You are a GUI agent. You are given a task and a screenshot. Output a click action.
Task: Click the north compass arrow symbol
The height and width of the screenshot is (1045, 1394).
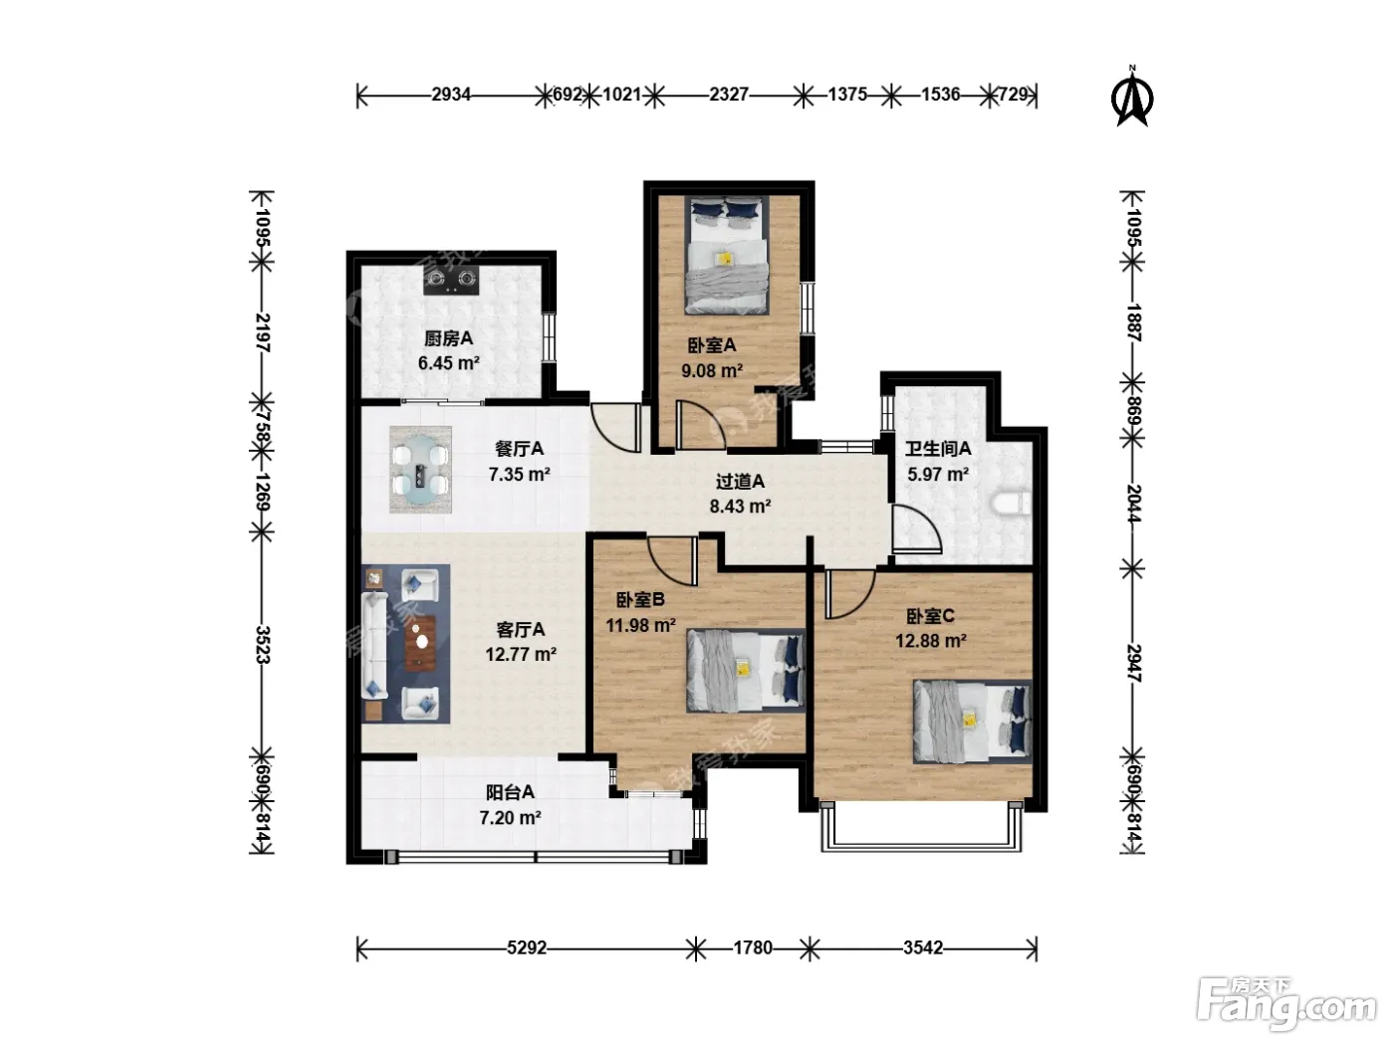point(1131,100)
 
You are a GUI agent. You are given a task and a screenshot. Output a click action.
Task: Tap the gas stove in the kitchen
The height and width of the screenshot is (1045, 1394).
point(451,280)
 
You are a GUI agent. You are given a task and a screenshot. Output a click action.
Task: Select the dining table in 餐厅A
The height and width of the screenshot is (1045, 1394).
point(420,470)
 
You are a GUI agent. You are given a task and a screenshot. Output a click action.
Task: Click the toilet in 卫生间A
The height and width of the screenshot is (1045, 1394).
point(1011,505)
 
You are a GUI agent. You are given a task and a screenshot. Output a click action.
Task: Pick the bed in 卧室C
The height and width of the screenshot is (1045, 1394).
point(972,722)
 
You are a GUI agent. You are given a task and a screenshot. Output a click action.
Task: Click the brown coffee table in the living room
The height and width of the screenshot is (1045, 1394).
point(421,643)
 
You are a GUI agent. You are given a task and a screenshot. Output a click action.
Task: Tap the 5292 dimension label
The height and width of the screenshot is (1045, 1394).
point(527,947)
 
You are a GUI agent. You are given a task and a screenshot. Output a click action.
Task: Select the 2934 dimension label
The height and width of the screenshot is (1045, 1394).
point(451,95)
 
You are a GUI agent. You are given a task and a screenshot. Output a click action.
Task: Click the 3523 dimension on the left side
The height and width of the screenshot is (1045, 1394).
point(263,645)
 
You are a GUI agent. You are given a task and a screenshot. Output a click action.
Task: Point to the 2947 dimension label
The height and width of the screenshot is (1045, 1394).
point(1133,663)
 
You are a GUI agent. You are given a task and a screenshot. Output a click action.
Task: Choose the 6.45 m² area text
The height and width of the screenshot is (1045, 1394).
point(448,363)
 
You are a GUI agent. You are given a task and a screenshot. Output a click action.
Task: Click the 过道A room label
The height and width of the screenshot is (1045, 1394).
point(740,482)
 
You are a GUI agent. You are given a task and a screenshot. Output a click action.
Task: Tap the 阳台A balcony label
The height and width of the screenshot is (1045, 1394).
point(510,792)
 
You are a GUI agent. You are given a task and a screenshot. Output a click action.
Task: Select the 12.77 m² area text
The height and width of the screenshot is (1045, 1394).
point(521,654)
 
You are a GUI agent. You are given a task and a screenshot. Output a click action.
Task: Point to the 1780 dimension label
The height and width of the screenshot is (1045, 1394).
point(753,947)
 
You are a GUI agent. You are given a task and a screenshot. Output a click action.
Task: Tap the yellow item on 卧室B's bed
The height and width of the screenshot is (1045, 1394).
point(742,669)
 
